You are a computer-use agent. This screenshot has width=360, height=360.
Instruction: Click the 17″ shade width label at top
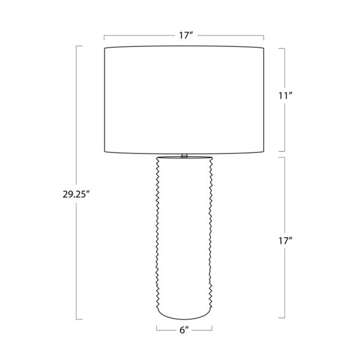click(185, 35)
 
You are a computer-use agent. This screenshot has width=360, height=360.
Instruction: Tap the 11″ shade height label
click(286, 95)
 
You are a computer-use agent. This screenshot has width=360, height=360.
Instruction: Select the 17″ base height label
click(286, 241)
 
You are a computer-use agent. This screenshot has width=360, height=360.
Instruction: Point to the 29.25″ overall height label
click(76, 194)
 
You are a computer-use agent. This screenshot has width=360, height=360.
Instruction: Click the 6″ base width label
click(184, 330)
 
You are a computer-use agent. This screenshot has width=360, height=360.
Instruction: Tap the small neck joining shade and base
click(184, 155)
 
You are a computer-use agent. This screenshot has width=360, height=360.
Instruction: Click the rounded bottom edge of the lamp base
click(184, 315)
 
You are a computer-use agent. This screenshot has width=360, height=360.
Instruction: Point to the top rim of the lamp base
click(184, 158)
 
